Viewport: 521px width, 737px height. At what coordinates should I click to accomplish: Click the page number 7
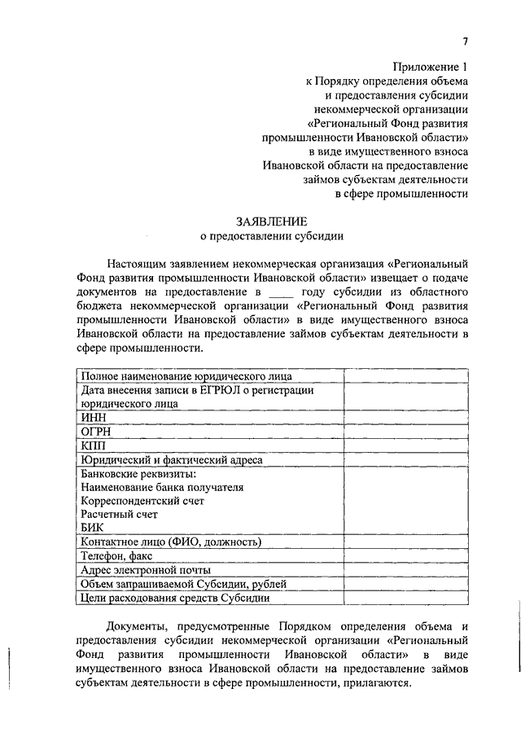(465, 42)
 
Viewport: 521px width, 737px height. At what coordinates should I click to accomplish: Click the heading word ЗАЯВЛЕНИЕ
(272, 221)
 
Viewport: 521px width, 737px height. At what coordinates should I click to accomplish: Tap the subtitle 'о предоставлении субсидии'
(272, 237)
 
